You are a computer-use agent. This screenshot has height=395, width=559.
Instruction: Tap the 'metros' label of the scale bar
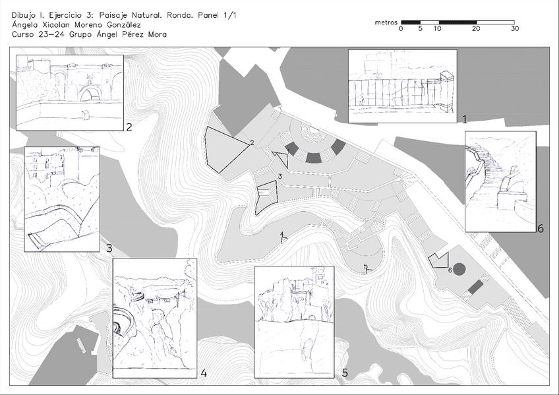(x=386, y=22)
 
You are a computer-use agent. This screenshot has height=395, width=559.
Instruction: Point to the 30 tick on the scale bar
(x=514, y=28)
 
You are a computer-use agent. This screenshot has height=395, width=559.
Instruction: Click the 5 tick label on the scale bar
(x=421, y=28)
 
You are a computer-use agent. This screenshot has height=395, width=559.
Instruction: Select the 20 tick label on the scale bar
(x=476, y=28)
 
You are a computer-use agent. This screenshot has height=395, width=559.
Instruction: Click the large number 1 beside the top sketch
(x=465, y=119)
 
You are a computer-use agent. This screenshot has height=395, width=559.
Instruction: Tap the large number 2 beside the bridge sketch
(x=129, y=127)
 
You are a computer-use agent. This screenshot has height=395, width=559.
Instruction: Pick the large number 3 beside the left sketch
(x=109, y=248)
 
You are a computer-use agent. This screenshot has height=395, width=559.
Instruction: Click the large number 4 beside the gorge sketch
(x=204, y=373)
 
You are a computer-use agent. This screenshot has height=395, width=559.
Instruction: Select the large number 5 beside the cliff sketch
(x=345, y=373)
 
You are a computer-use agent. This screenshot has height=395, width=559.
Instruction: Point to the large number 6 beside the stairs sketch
(x=541, y=229)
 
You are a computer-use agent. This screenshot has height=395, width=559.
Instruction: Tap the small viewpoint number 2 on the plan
(x=252, y=143)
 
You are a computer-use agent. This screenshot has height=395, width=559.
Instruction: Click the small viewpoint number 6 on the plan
(x=450, y=270)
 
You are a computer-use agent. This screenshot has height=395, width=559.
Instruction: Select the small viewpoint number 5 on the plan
(x=365, y=266)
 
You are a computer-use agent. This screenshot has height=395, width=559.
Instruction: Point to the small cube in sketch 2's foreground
(x=86, y=115)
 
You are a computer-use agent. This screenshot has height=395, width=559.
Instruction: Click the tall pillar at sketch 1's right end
(x=447, y=91)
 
